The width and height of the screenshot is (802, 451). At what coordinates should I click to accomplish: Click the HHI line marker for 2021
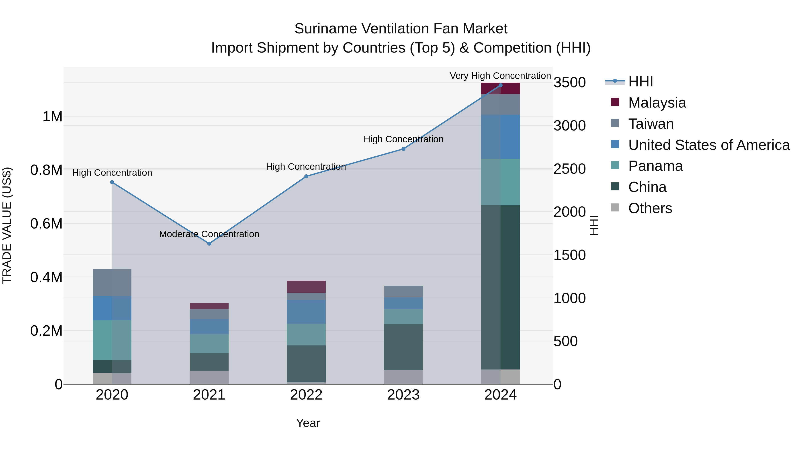[x=209, y=244]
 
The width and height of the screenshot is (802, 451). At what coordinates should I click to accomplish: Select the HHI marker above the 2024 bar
[x=500, y=85]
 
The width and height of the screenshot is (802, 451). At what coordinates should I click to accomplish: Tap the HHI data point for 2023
[x=403, y=149]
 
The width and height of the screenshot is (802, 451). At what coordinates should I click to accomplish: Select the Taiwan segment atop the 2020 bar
[x=112, y=283]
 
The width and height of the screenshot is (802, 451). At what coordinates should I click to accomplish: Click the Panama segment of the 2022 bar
[x=306, y=334]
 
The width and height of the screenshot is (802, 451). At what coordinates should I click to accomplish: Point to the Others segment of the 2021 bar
[x=209, y=377]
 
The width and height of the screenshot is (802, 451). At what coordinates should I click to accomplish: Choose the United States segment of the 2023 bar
[x=403, y=303]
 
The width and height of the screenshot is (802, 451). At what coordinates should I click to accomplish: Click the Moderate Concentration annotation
[x=209, y=234]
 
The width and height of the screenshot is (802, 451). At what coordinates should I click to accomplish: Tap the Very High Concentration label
[x=500, y=76]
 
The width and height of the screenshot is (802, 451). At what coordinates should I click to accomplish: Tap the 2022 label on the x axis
[x=306, y=395]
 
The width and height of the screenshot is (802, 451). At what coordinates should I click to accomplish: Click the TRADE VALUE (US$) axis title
[x=7, y=225]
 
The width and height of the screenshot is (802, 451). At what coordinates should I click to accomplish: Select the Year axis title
[x=308, y=423]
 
